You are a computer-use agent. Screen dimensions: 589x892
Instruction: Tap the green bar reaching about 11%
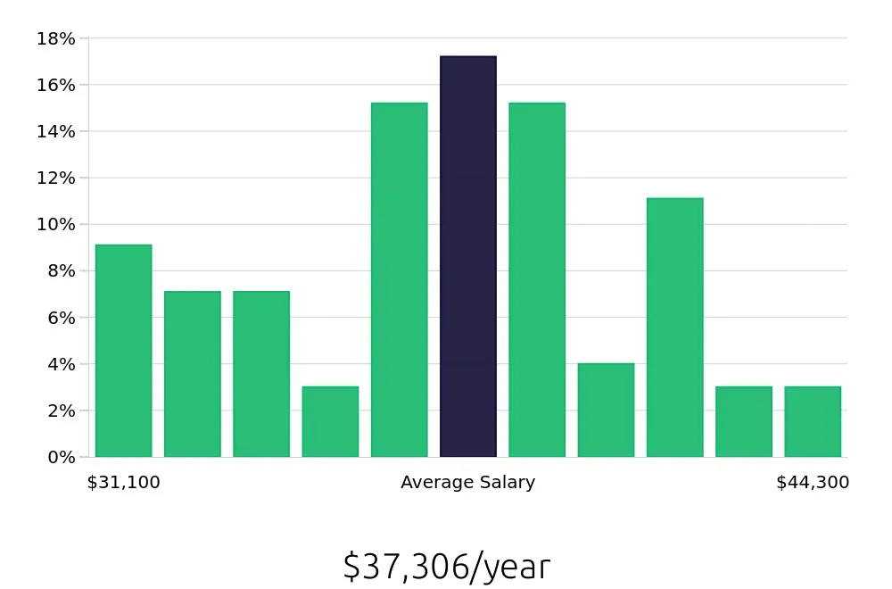(675, 328)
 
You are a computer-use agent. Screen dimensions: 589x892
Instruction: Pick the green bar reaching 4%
(606, 410)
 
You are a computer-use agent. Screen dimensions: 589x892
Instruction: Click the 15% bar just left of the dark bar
(400, 280)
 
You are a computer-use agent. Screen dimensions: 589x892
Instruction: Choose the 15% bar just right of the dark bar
(537, 280)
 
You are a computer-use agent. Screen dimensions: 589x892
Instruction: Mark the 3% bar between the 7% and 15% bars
(330, 421)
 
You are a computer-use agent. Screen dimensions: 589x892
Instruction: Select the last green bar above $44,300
(813, 421)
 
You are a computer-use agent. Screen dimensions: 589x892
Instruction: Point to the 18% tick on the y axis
(56, 38)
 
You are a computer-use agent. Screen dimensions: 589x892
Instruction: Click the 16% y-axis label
(56, 85)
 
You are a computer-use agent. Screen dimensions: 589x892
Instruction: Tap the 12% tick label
(56, 178)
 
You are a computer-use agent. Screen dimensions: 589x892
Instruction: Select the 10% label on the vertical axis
(56, 224)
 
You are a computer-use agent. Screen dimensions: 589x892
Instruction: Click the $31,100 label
(124, 483)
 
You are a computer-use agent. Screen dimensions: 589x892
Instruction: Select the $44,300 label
(813, 483)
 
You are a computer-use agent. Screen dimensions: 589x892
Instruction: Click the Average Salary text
(468, 483)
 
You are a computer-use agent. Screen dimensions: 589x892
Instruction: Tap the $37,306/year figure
(447, 567)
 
